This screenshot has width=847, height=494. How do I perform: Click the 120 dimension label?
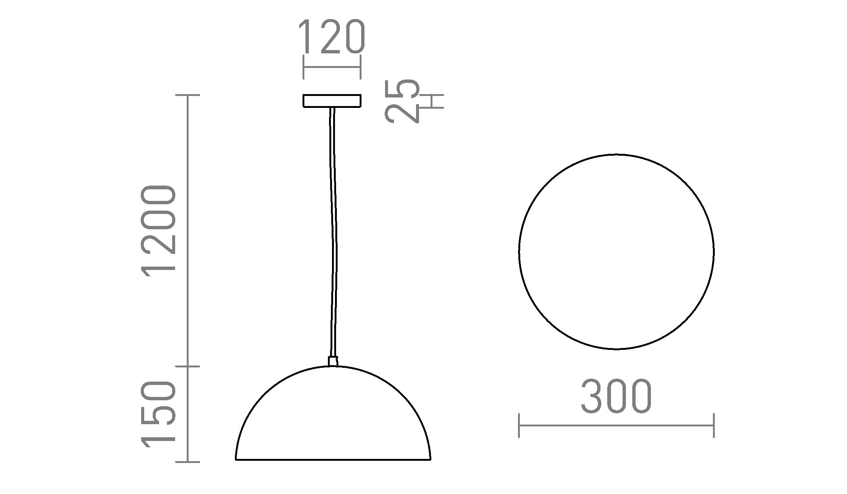[332, 37]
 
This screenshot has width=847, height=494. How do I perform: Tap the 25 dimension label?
[401, 101]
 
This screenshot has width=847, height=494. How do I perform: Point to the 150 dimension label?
[158, 414]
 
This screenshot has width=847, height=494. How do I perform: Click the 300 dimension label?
[616, 397]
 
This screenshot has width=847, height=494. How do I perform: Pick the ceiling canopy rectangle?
[332, 101]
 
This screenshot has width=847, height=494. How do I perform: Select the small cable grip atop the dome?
[333, 361]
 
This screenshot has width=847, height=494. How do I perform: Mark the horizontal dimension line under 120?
[332, 67]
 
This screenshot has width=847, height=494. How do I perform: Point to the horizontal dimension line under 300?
[616, 425]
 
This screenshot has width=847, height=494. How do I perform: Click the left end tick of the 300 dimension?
[519, 425]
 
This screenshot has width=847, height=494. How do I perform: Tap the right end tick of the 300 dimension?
[714, 425]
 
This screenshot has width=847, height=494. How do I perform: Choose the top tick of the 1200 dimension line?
[187, 95]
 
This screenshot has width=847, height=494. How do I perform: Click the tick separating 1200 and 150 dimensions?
[187, 366]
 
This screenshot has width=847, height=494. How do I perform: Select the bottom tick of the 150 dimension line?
[187, 462]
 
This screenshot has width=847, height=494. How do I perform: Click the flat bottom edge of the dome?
[333, 460]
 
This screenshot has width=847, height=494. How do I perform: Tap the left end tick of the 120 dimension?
[303, 67]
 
